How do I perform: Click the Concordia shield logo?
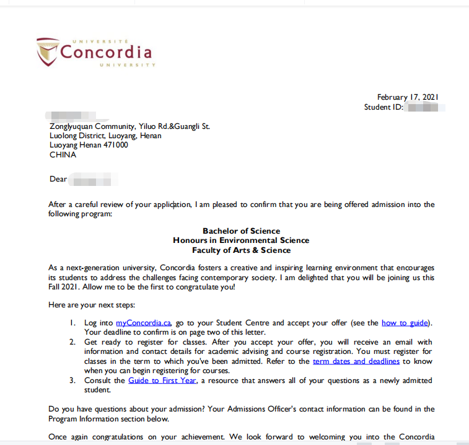(47, 51)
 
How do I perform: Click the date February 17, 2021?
(408, 97)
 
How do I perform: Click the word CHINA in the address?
(63, 155)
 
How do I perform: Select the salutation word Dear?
(58, 179)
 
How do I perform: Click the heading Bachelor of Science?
(241, 231)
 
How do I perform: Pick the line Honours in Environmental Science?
(241, 240)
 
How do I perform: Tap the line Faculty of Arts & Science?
(241, 250)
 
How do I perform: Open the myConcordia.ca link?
(143, 323)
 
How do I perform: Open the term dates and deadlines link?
(356, 361)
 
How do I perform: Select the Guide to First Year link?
(162, 380)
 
